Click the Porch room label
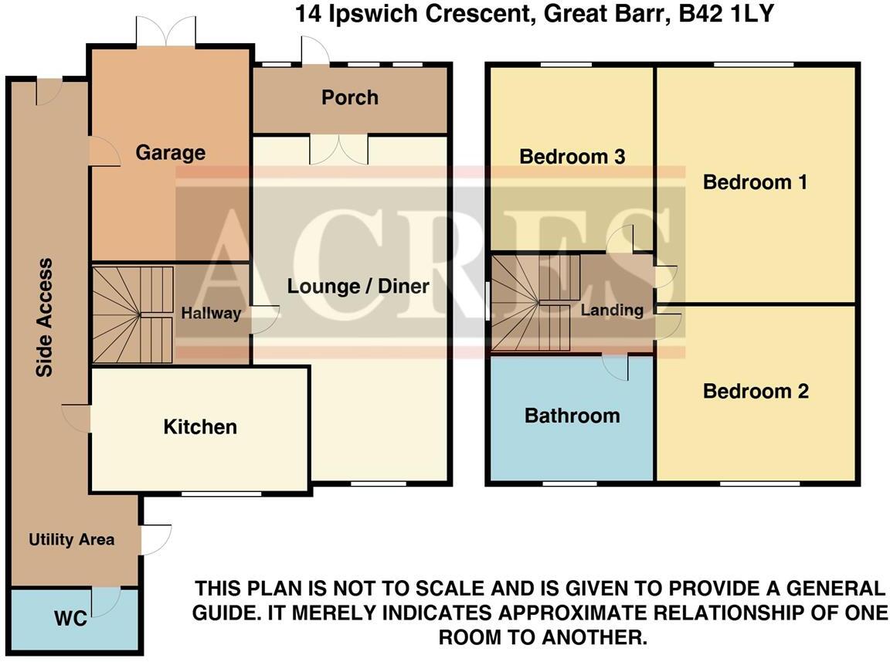tap(350, 98)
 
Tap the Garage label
tap(171, 153)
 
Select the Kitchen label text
tap(200, 427)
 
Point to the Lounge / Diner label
tap(358, 287)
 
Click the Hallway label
tap(211, 314)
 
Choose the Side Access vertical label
tap(46, 317)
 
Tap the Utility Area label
tap(71, 540)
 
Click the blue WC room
tap(75, 620)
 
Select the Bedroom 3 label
tap(572, 157)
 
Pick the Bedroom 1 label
tap(755, 183)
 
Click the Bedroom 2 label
tap(756, 392)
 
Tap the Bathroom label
tap(572, 416)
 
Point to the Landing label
tap(612, 311)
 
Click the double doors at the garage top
tap(165, 31)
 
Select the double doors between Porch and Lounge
tap(339, 148)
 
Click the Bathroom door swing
tap(616, 367)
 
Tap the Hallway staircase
tap(133, 314)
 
